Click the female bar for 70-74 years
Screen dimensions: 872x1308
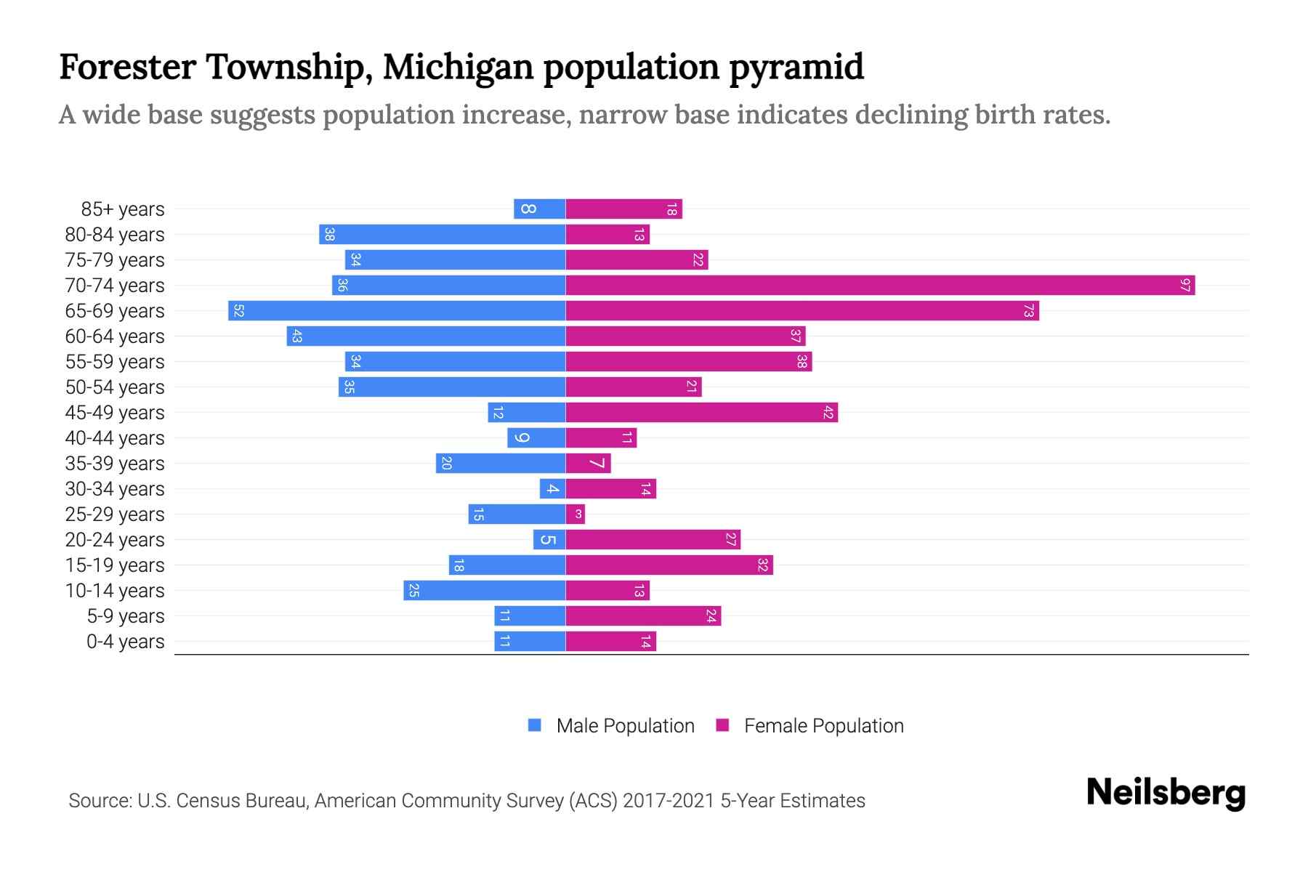click(879, 285)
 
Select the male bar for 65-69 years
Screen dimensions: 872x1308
click(397, 310)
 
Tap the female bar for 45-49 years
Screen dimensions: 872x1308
click(701, 412)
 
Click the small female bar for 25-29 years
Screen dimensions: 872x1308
click(576, 514)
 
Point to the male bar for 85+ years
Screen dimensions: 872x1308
click(539, 209)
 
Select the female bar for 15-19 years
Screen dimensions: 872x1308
click(669, 565)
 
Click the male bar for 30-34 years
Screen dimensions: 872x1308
click(552, 488)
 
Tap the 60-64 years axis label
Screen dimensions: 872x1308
click(115, 336)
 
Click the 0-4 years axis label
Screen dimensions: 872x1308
click(125, 642)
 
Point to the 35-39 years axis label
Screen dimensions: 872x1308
click(115, 464)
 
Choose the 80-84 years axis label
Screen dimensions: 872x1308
click(115, 235)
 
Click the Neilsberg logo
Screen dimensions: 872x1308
click(1166, 793)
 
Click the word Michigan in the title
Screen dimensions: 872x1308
click(459, 68)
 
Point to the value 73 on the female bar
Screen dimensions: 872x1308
click(1028, 310)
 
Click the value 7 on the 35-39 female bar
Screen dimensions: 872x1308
click(597, 463)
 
